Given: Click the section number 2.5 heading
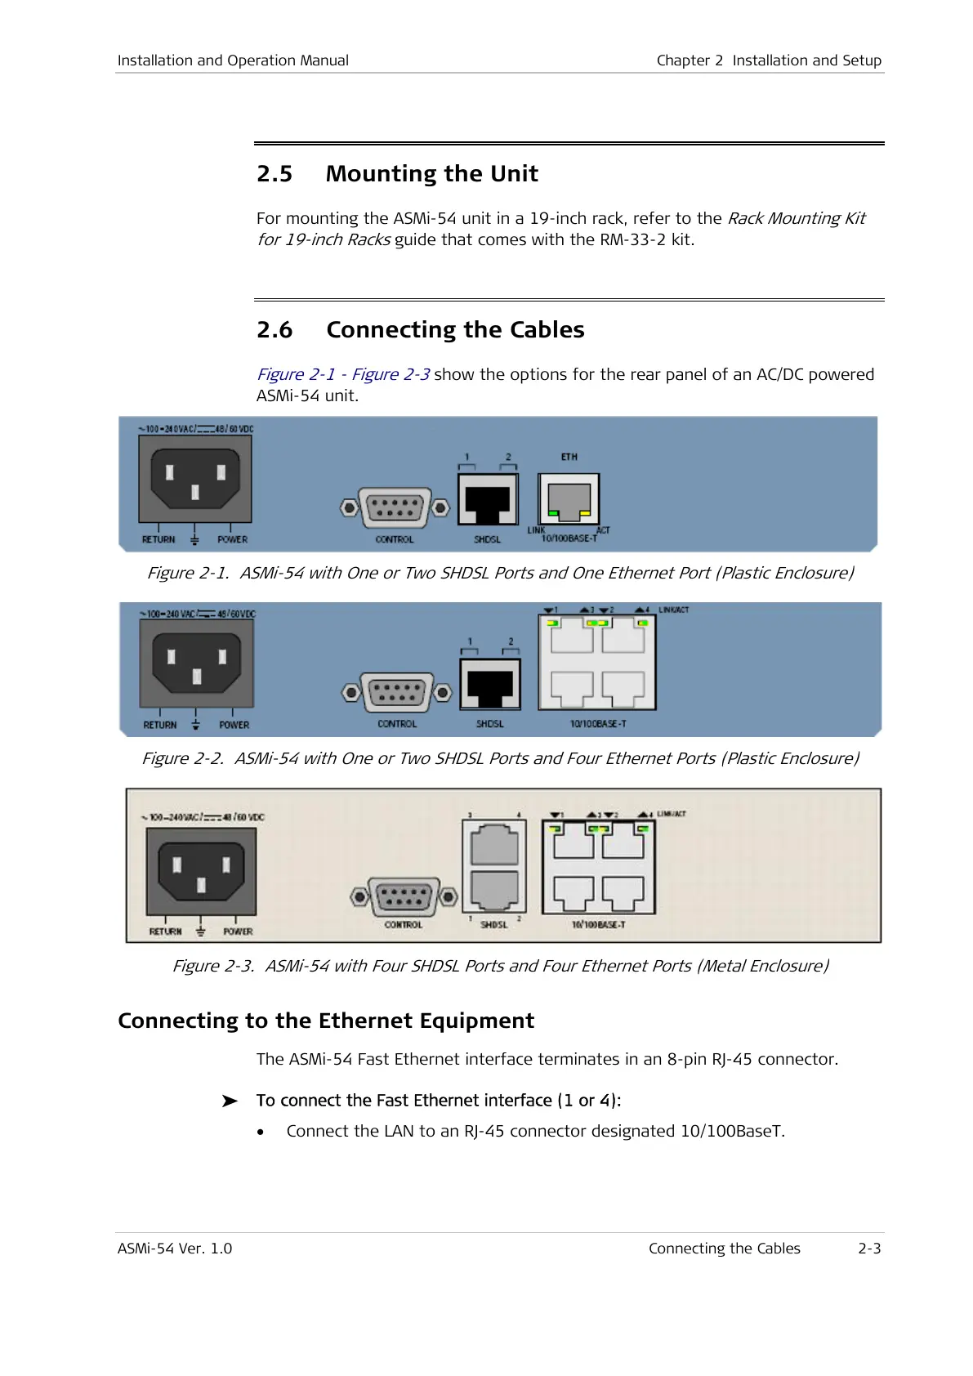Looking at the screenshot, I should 274,174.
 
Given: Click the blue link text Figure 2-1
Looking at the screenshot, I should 296,374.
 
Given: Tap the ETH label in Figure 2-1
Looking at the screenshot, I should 569,457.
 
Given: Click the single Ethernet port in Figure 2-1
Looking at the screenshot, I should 569,499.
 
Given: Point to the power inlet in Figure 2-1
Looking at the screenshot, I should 195,479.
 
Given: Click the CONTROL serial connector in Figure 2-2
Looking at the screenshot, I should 397,693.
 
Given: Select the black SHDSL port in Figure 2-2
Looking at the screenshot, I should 490,685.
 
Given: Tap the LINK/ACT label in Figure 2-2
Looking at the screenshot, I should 673,610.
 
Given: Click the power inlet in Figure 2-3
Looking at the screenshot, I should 201,871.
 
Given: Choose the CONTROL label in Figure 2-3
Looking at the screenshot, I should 404,925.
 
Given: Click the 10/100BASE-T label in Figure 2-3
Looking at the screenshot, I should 598,925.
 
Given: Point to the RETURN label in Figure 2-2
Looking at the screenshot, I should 160,725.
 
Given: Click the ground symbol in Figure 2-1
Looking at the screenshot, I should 194,539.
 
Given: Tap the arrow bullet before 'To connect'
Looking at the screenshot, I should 230,1101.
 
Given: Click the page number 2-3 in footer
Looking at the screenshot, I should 869,1249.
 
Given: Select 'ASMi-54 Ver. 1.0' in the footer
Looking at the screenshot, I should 175,1249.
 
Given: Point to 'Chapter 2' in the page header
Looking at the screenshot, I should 690,60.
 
